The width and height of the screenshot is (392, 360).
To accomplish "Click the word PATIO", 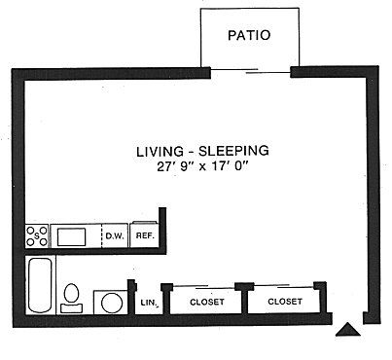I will [248, 36].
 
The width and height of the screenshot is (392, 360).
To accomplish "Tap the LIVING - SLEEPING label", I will [201, 152].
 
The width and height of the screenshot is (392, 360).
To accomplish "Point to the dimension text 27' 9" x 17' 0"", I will [201, 167].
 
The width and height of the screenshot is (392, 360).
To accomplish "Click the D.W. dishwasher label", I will [113, 235].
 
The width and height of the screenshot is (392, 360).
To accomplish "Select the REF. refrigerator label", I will [144, 235].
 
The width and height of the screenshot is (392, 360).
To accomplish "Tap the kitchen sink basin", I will [72, 235].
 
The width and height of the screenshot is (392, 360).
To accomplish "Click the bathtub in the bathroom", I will [40, 286].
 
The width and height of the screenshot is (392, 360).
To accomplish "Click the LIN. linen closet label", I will [148, 304].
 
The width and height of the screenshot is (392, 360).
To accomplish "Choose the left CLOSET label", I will [205, 302].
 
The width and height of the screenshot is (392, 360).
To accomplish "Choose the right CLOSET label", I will [283, 302].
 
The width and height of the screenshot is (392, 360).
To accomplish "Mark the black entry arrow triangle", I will [347, 331].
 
